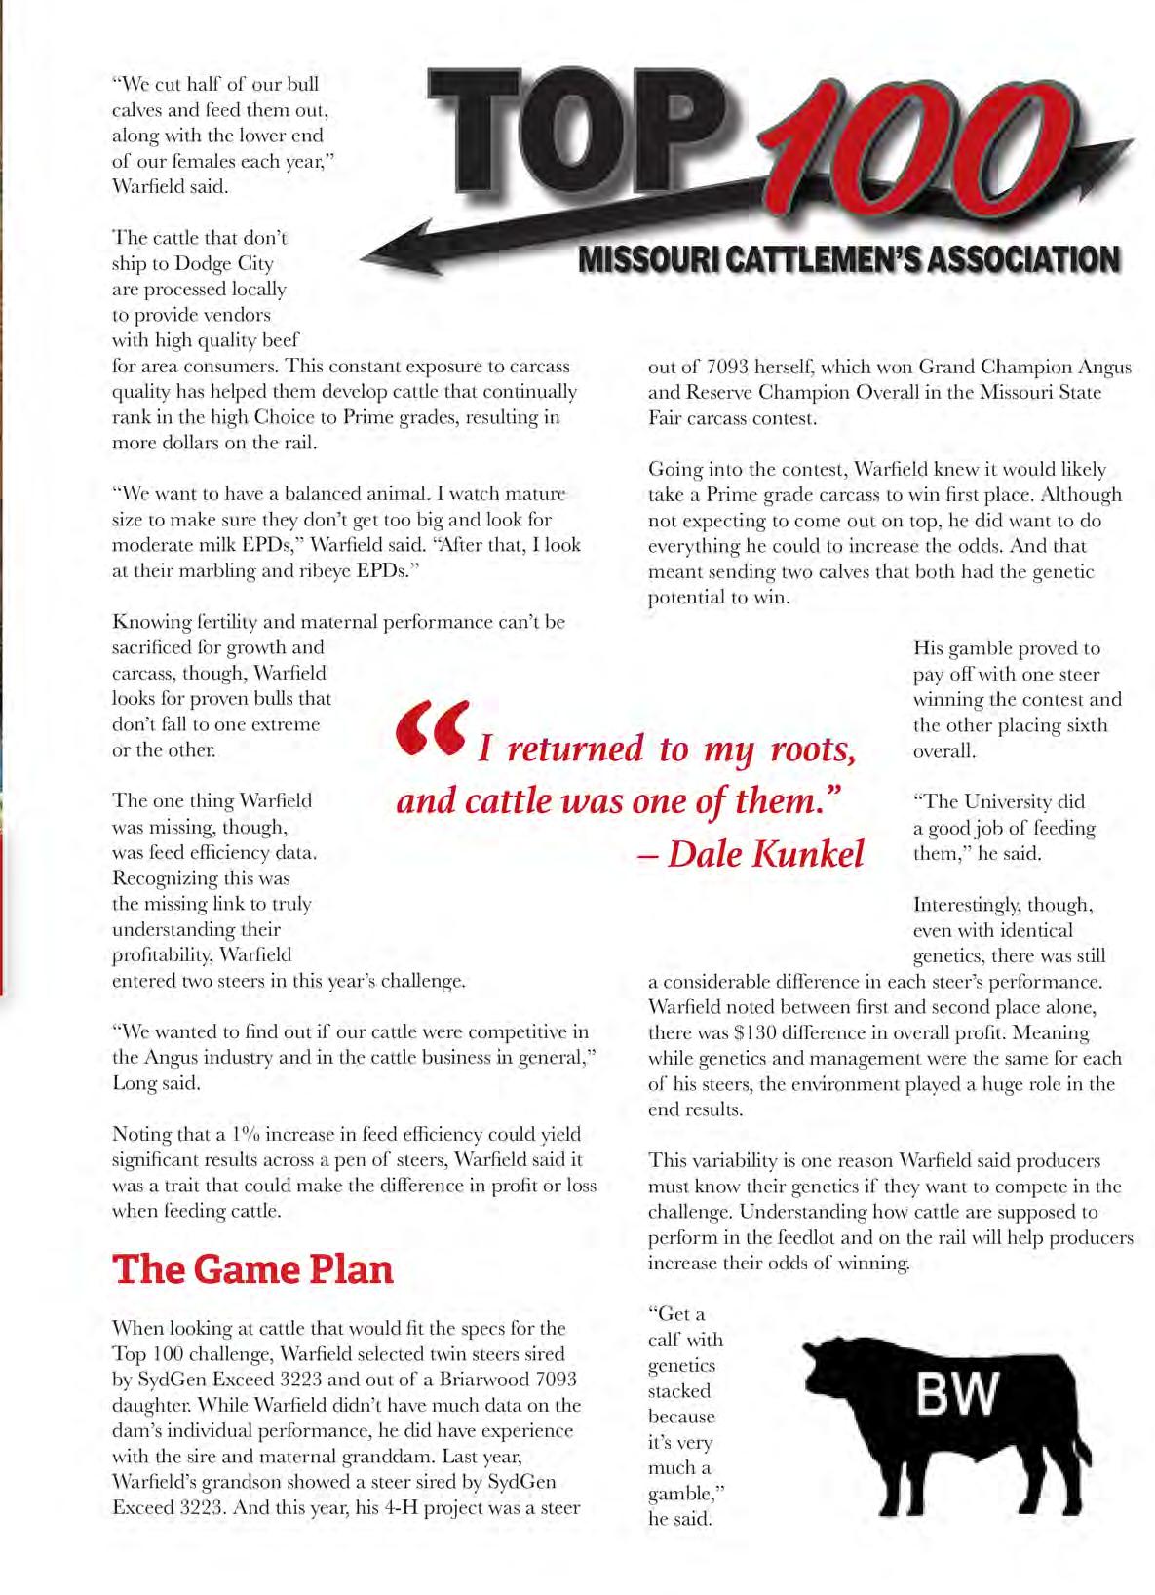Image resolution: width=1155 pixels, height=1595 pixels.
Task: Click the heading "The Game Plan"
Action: tap(253, 1269)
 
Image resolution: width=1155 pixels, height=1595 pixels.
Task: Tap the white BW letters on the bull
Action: tap(957, 1394)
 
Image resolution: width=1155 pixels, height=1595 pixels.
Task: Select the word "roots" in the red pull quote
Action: tap(811, 749)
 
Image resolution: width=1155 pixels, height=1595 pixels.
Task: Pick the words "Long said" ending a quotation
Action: tap(158, 1083)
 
